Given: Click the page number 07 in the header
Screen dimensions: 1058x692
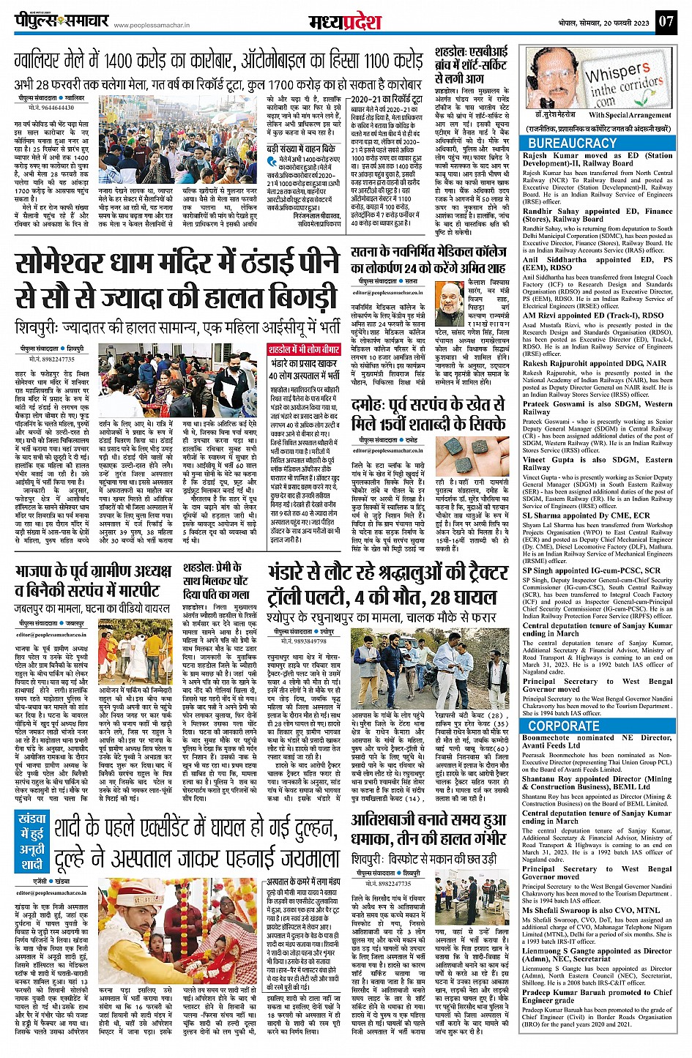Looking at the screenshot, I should [x=665, y=21].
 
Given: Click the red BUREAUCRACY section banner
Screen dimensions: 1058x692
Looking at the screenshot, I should [x=573, y=144].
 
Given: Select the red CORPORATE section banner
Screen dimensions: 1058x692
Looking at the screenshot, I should [x=564, y=726].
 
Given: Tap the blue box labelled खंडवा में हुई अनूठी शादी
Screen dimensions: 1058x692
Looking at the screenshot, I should [x=34, y=843].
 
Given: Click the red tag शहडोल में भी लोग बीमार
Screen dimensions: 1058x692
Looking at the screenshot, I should [x=303, y=349].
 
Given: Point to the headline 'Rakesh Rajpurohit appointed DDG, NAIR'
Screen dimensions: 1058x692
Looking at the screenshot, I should [x=595, y=363].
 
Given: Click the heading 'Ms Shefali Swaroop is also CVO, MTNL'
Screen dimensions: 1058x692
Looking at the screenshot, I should [x=590, y=910].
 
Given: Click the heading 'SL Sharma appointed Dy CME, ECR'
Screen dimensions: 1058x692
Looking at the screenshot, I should [x=587, y=515].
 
